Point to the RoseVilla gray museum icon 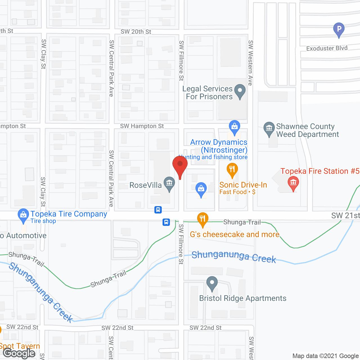click(x=169, y=184)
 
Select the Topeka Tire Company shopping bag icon click(x=23, y=215)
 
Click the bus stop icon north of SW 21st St click(x=158, y=210)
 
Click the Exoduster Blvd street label click(x=327, y=48)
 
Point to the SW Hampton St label click(x=142, y=126)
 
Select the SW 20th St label click(x=136, y=32)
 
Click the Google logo click(x=19, y=353)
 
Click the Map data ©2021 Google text click(x=325, y=356)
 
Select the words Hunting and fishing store click(x=214, y=157)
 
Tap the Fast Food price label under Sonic click(x=237, y=192)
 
